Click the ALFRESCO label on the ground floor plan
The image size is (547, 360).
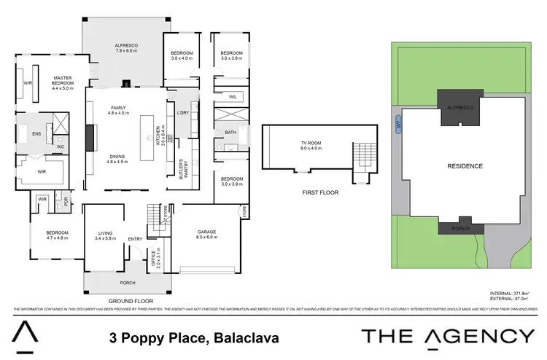point(125,49)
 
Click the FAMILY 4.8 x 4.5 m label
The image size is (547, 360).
point(118,110)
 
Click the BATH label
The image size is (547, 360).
point(230,133)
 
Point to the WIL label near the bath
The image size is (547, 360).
point(232,96)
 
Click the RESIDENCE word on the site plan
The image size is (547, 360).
point(465,166)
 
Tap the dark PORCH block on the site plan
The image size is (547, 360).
point(460,227)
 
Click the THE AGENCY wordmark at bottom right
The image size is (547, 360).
point(449,336)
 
